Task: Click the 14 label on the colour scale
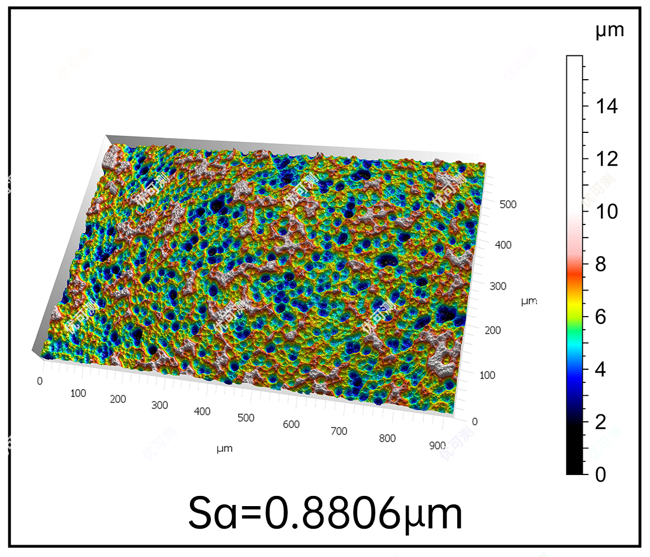606,106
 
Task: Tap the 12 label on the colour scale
606,159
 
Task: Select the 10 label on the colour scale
606,211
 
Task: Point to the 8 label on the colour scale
600,264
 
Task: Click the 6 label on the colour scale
600,317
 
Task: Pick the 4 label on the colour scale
600,369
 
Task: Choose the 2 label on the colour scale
600,422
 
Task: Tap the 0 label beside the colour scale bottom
600,474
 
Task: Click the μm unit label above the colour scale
609,29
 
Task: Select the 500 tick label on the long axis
246,418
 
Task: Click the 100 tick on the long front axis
78,393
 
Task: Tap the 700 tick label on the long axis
339,431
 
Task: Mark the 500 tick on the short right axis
508,205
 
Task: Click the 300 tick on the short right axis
498,286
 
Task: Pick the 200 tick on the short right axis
492,330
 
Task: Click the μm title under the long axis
224,448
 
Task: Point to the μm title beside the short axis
528,301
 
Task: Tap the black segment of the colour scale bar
574,452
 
